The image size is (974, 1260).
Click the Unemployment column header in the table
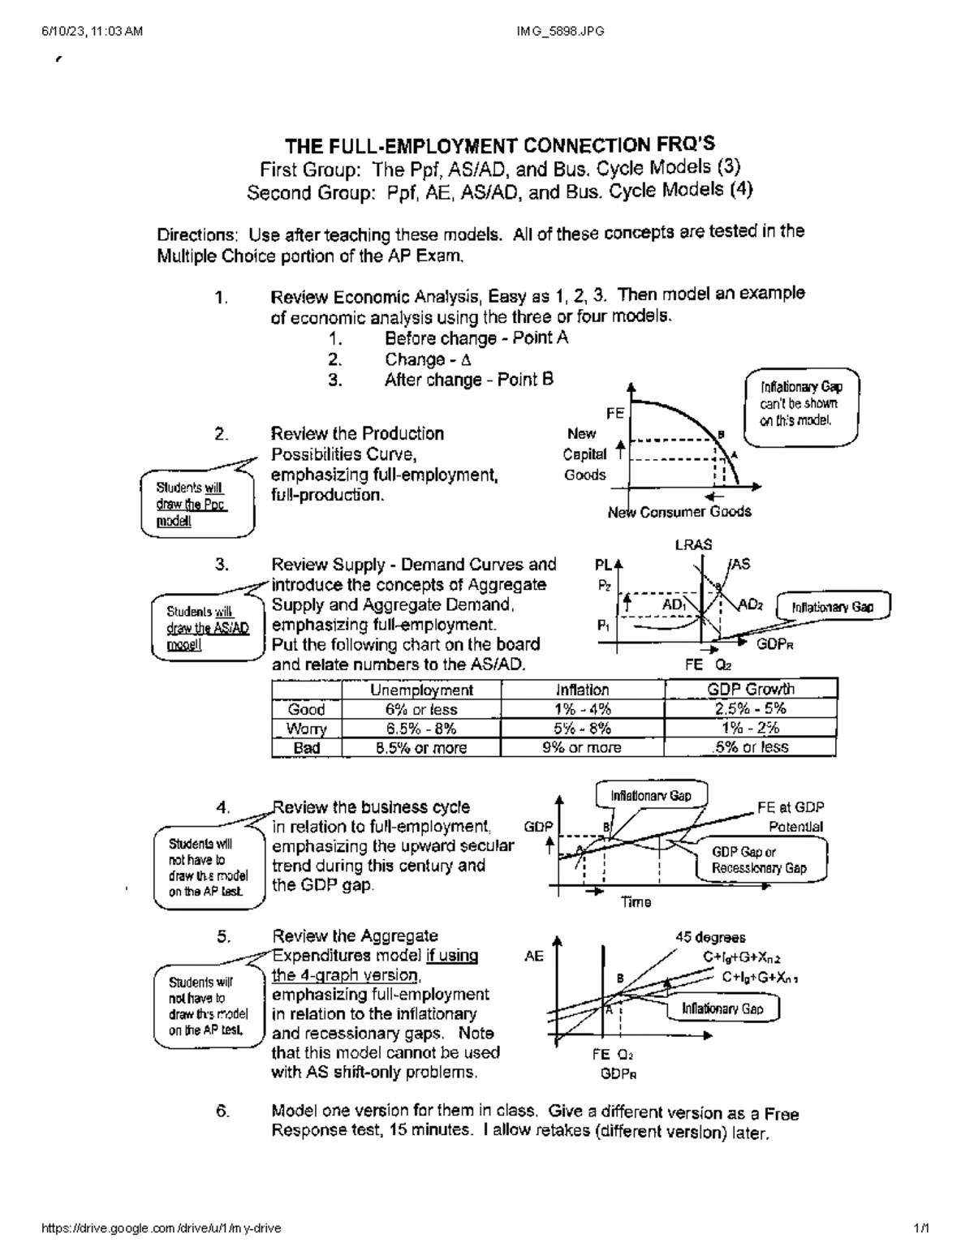pos(421,690)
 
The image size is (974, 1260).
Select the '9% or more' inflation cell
pos(582,747)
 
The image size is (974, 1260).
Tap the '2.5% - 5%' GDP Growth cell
pos(751,708)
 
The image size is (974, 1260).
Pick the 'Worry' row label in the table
pos(307,728)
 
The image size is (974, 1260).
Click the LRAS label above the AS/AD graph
pos(693,545)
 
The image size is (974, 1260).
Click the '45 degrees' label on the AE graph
pos(710,937)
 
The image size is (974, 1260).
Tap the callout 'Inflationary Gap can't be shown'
pos(800,404)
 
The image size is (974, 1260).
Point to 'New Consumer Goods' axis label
pos(679,512)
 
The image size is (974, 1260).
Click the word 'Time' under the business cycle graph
pos(636,902)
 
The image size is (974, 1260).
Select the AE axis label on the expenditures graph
pos(533,957)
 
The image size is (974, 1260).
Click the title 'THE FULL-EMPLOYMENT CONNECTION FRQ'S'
pos(499,146)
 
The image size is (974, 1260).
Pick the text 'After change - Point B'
pos(469,380)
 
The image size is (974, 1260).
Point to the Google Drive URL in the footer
pos(161,1228)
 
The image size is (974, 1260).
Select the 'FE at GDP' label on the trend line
pos(791,807)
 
